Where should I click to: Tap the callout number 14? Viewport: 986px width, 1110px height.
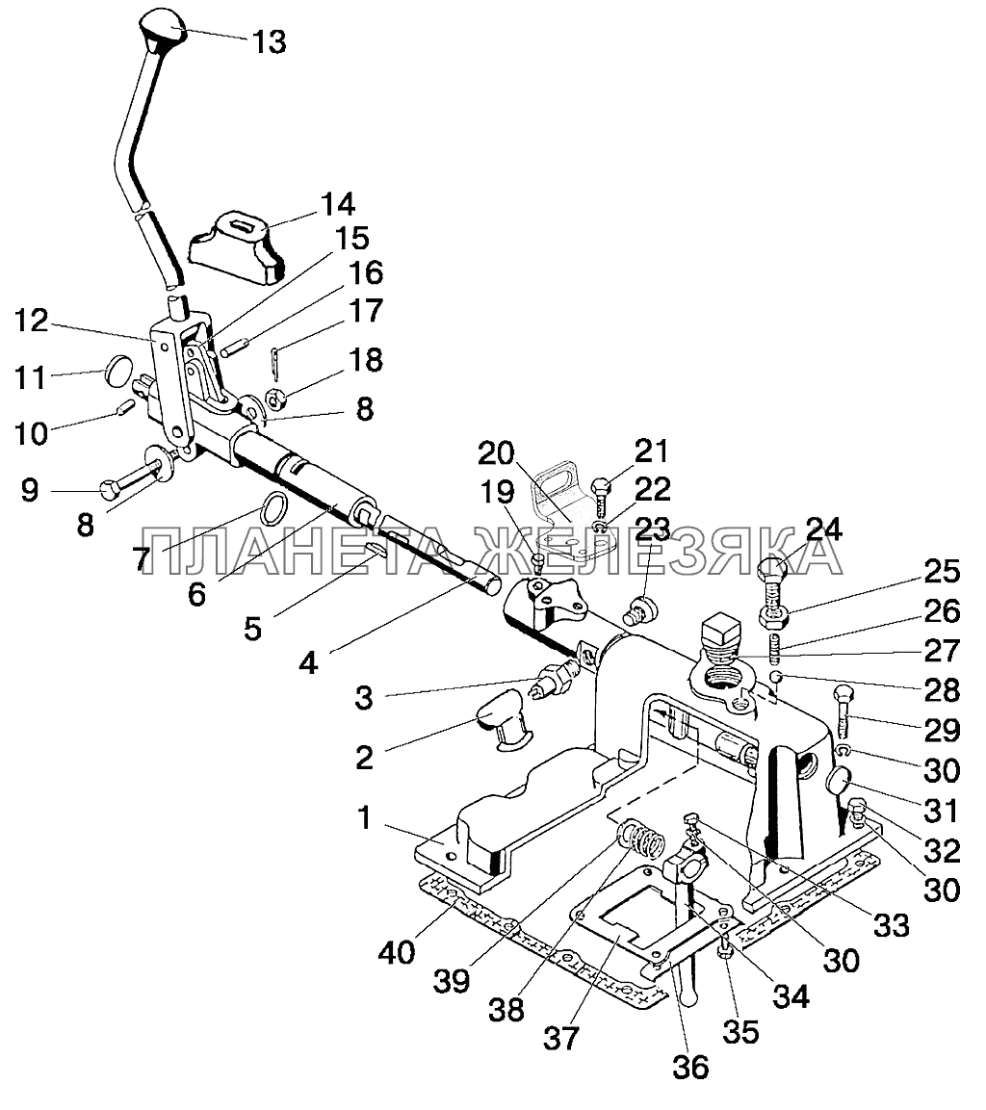(x=338, y=205)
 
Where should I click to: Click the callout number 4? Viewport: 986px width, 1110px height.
(x=309, y=663)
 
